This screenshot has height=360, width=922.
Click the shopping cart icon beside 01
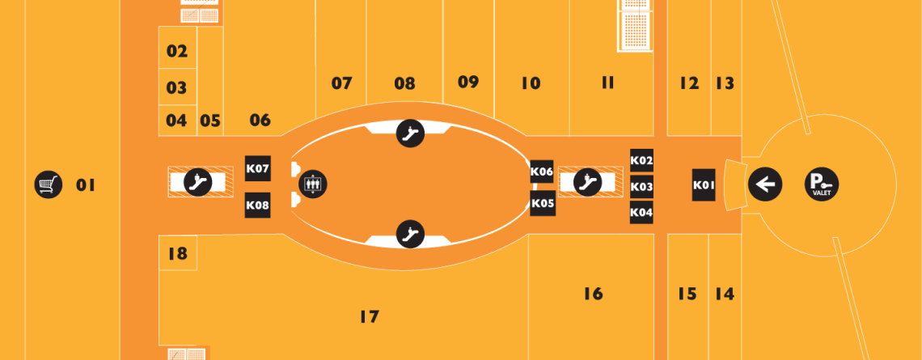[49, 184]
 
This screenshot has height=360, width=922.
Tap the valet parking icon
[822, 184]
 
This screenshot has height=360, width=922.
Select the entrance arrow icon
[764, 184]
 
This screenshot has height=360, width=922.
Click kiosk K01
[704, 184]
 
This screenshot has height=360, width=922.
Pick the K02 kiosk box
[641, 160]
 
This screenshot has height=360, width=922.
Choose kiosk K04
[641, 212]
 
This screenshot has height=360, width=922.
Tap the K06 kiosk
[542, 172]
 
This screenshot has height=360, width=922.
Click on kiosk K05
[542, 204]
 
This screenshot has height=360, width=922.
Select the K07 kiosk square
[257, 169]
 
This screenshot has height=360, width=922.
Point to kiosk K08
[257, 205]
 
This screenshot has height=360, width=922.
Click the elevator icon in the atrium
[313, 184]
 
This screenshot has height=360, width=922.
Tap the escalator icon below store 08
[410, 133]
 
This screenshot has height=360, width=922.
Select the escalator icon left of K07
[197, 182]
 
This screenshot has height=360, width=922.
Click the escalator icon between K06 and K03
[586, 182]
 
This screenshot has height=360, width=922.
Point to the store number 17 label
[370, 316]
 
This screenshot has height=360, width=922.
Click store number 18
[177, 254]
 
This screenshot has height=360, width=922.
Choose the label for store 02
[177, 52]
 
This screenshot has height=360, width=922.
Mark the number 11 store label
[608, 83]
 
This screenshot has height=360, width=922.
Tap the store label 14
[725, 294]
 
